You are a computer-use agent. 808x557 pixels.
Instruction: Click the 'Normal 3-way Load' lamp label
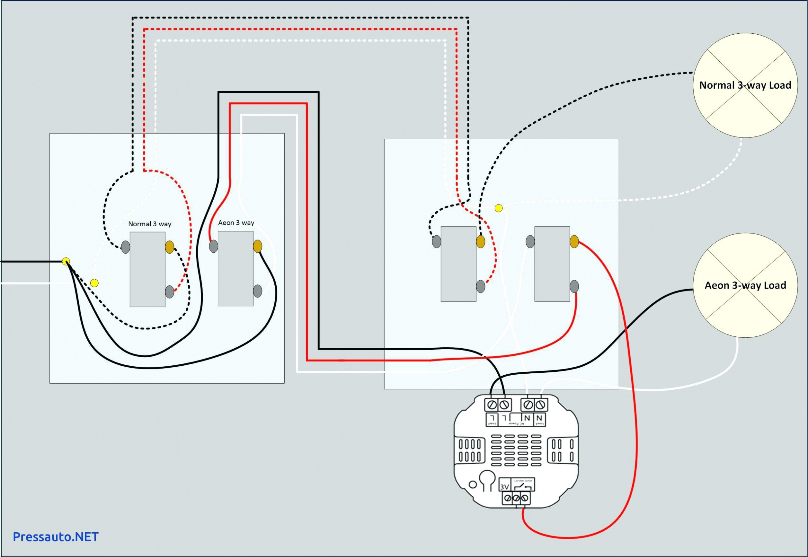pyautogui.click(x=745, y=85)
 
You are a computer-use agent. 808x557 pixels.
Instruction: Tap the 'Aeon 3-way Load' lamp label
pyautogui.click(x=745, y=285)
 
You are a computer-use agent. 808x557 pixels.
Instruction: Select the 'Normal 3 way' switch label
pyautogui.click(x=150, y=224)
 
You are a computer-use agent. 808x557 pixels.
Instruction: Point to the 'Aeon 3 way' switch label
pyautogui.click(x=236, y=223)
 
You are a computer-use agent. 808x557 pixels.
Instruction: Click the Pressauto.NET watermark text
pyautogui.click(x=56, y=537)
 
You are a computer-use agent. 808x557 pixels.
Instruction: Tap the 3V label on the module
pyautogui.click(x=504, y=486)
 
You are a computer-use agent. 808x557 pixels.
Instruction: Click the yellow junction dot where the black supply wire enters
pyautogui.click(x=66, y=261)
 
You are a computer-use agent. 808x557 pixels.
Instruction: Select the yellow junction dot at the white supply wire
pyautogui.click(x=94, y=283)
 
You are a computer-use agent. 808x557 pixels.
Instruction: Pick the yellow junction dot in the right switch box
pyautogui.click(x=499, y=208)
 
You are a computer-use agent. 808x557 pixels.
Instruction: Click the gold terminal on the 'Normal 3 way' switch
pyautogui.click(x=170, y=247)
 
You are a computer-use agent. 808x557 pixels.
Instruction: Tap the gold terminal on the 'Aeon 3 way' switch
pyautogui.click(x=258, y=246)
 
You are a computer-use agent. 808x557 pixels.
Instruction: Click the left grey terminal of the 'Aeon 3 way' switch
pyautogui.click(x=213, y=246)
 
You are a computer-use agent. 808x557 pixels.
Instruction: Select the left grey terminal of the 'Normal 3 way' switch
pyautogui.click(x=126, y=247)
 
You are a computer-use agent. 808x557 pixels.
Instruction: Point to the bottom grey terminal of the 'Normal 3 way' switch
pyautogui.click(x=170, y=292)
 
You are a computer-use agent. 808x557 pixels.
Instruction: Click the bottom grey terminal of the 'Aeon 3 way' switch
pyautogui.click(x=258, y=291)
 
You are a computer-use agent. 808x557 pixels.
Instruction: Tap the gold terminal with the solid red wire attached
pyautogui.click(x=574, y=241)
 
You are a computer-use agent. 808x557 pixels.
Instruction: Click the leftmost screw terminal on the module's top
pyautogui.click(x=492, y=405)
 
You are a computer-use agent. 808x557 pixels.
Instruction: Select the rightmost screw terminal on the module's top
pyautogui.click(x=540, y=405)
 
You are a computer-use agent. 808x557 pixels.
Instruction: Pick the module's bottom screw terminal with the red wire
pyautogui.click(x=524, y=498)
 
